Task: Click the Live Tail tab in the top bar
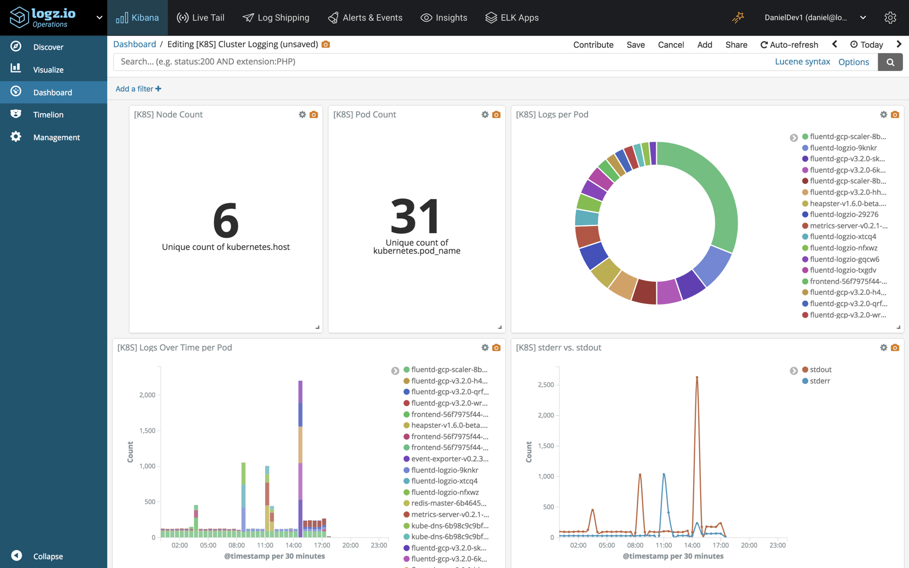(200, 18)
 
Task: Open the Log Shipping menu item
(276, 18)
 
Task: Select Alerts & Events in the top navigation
(365, 18)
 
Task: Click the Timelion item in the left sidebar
(48, 115)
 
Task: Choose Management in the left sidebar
(56, 137)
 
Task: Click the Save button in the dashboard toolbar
(635, 45)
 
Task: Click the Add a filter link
(138, 89)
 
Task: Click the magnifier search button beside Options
(890, 62)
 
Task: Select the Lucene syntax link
(802, 62)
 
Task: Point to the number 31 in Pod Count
(416, 216)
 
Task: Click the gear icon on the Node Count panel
(302, 115)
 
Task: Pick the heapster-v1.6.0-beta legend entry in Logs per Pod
(847, 203)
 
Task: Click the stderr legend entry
(820, 381)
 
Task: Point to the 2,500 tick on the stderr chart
(545, 385)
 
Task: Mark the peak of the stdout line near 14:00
(697, 377)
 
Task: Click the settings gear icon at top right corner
(890, 18)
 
